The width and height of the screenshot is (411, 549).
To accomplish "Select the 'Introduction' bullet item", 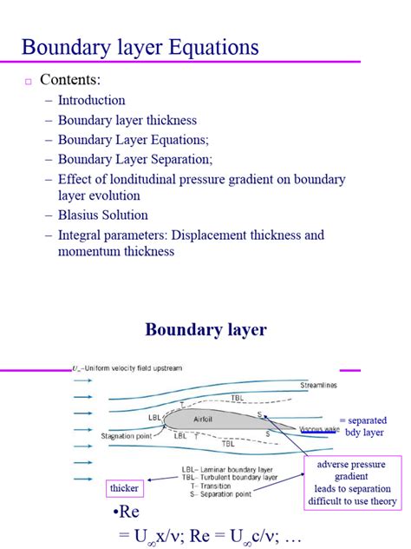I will (92, 100).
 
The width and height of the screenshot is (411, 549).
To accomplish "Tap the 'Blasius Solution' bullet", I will (103, 215).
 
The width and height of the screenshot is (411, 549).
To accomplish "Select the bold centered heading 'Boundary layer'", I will (205, 329).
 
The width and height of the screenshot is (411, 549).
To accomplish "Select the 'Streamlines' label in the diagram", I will (319, 385).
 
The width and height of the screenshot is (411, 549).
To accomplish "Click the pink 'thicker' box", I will (124, 488).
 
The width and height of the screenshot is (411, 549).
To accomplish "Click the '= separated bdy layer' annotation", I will (362, 426).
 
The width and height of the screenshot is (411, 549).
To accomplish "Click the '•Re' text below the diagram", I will (127, 512).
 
